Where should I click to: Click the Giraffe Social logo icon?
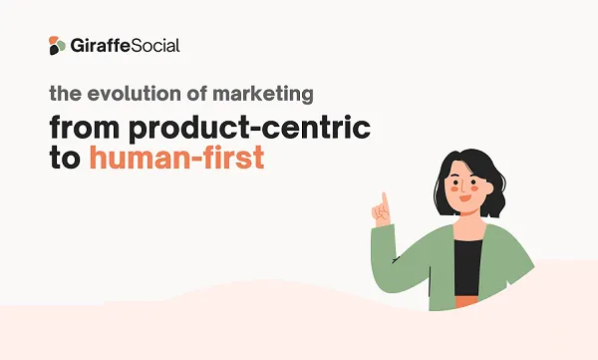tap(56, 45)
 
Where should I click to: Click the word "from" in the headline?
tap(87, 128)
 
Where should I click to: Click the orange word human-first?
tap(176, 158)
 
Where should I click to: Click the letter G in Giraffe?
tap(79, 45)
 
